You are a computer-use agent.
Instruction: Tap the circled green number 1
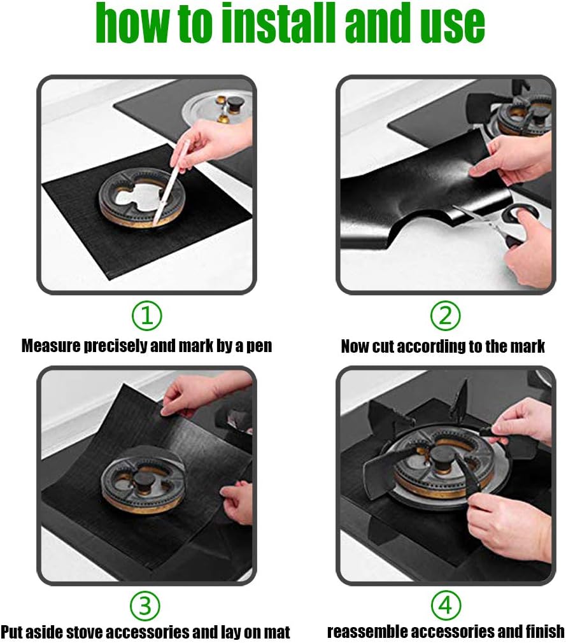pyautogui.click(x=147, y=316)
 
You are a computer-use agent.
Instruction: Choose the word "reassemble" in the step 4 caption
pyautogui.click(x=368, y=632)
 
